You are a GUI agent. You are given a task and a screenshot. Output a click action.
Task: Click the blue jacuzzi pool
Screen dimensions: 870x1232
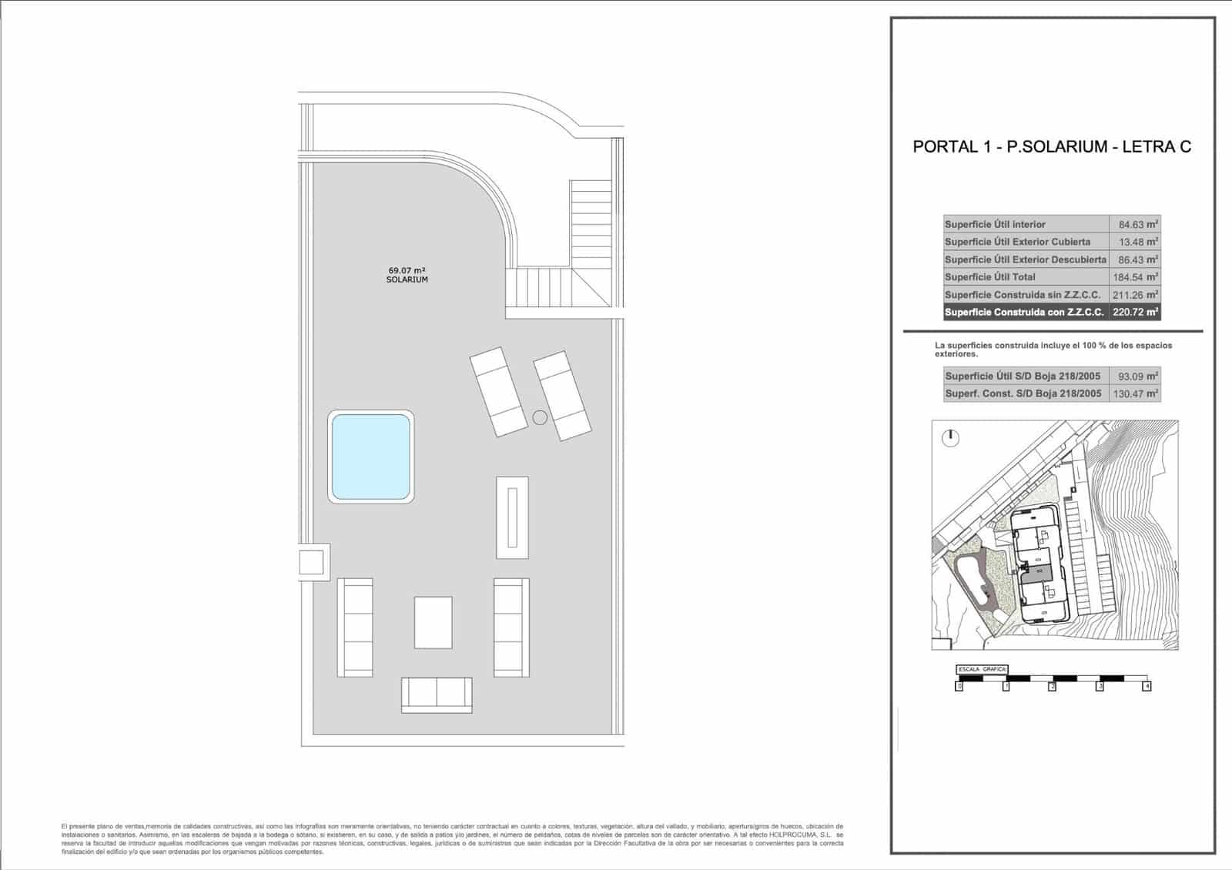(x=370, y=457)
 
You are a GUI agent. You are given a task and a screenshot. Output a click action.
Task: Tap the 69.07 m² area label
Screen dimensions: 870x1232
(x=407, y=270)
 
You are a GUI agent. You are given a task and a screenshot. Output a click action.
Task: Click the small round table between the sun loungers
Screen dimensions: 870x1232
(x=540, y=417)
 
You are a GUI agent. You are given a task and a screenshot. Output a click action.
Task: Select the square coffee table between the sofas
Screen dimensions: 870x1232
(x=433, y=622)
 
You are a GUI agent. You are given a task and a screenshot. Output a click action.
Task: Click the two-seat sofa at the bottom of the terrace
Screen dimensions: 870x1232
(x=437, y=694)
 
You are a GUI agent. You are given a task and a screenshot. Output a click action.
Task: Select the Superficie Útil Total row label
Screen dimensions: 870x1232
(x=990, y=277)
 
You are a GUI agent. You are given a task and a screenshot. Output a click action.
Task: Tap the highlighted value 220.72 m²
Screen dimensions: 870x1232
(x=1135, y=313)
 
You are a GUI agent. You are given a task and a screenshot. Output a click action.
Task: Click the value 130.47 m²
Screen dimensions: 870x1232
(x=1135, y=393)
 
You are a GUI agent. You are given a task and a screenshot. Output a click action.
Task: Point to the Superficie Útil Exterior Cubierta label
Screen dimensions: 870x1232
(x=1017, y=242)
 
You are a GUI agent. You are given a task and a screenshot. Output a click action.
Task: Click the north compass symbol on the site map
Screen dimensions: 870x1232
(x=951, y=438)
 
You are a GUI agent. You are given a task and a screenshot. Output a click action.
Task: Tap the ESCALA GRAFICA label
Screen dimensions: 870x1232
(x=981, y=669)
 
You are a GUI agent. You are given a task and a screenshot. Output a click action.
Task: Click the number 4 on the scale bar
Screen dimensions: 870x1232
(x=1147, y=686)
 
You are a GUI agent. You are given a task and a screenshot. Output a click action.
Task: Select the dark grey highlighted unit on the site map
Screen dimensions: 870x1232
(x=1043, y=572)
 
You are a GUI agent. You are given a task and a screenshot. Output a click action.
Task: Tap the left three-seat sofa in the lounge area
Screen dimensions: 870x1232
(x=355, y=627)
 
